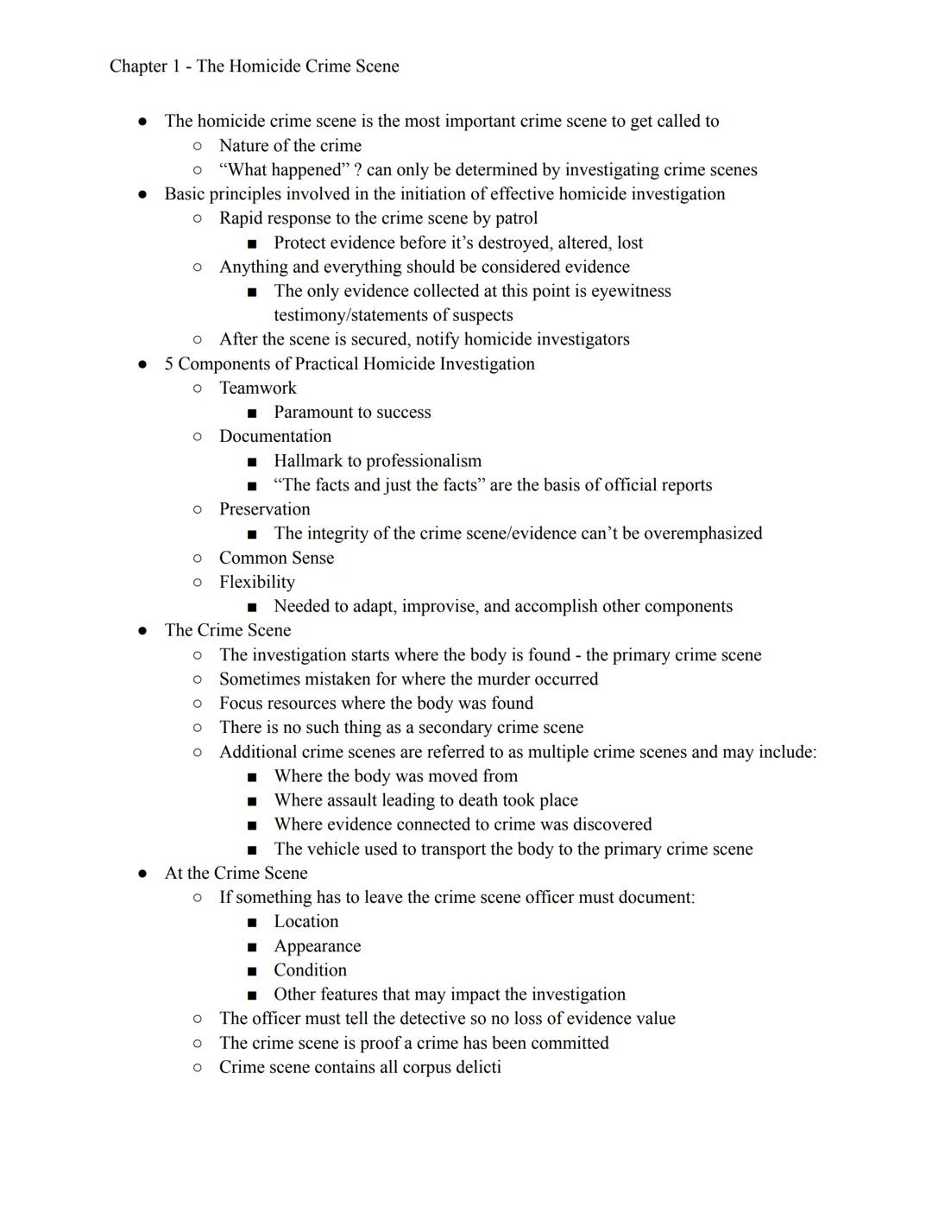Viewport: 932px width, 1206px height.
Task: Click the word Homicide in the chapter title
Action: (274, 66)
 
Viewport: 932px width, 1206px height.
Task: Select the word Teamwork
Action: (257, 388)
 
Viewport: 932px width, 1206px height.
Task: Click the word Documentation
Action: (274, 437)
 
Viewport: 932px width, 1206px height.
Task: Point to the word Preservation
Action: (264, 509)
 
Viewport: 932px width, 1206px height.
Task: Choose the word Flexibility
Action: (256, 583)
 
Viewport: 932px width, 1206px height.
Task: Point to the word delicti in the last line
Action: (474, 1068)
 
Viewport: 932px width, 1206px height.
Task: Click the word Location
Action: (305, 922)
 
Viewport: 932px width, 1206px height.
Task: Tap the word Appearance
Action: (317, 946)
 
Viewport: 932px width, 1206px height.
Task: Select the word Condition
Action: (310, 970)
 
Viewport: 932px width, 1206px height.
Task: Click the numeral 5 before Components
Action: (169, 364)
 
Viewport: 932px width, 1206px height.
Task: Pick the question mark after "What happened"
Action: (357, 170)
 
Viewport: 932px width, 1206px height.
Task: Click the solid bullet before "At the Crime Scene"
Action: (142, 874)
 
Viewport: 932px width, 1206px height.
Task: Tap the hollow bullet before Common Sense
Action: (198, 559)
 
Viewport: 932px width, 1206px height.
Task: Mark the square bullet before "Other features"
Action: (252, 995)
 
